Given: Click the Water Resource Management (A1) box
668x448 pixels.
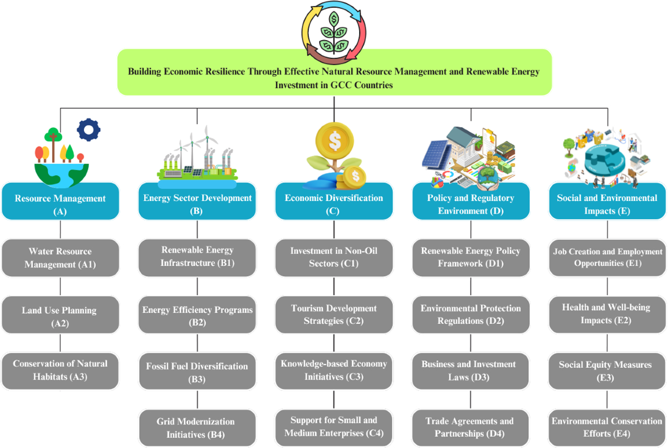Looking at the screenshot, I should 60,258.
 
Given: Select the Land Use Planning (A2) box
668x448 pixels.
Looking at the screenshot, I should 60,316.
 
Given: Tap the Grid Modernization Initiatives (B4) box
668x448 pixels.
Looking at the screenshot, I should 197,427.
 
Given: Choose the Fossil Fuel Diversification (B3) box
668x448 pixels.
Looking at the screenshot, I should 197,372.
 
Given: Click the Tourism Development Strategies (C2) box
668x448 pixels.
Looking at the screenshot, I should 334,314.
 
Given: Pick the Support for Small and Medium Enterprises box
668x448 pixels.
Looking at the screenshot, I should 334,426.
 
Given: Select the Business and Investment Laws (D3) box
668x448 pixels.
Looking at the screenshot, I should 471,371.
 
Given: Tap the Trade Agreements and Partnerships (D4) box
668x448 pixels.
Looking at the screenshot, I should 471,427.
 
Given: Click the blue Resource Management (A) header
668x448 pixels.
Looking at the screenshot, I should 60,204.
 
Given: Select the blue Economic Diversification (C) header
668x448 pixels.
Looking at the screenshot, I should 334,204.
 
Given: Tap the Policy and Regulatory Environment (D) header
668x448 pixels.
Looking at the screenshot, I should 471,204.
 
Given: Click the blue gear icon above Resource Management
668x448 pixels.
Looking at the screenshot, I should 89,129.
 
